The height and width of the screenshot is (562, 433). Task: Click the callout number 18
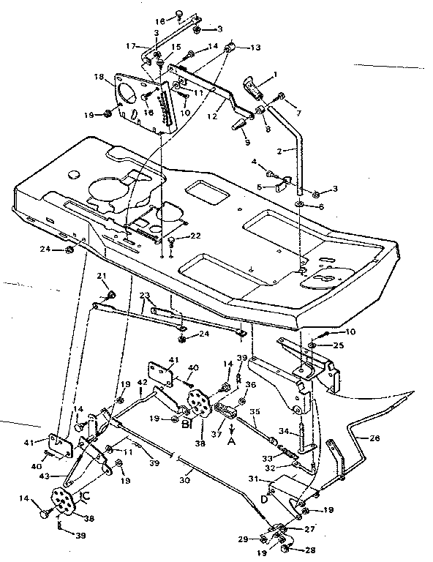(x=98, y=76)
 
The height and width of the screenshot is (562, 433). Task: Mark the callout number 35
(x=255, y=412)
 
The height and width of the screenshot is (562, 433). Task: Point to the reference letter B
(x=186, y=423)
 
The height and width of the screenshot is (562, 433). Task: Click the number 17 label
(x=132, y=46)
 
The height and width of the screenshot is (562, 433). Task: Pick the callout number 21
(x=103, y=275)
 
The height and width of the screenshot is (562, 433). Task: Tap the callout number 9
(x=247, y=142)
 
